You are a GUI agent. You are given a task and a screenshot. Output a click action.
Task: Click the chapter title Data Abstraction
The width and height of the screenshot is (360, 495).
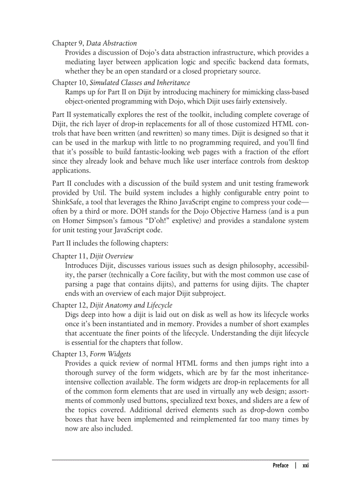(x=111, y=43)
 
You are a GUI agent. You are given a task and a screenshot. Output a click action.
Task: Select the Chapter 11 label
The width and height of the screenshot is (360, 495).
(x=68, y=256)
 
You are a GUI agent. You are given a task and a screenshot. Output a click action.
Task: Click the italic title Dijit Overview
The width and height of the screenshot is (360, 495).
(x=112, y=256)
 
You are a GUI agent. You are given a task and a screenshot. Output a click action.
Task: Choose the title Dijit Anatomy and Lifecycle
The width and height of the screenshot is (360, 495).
(x=131, y=305)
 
